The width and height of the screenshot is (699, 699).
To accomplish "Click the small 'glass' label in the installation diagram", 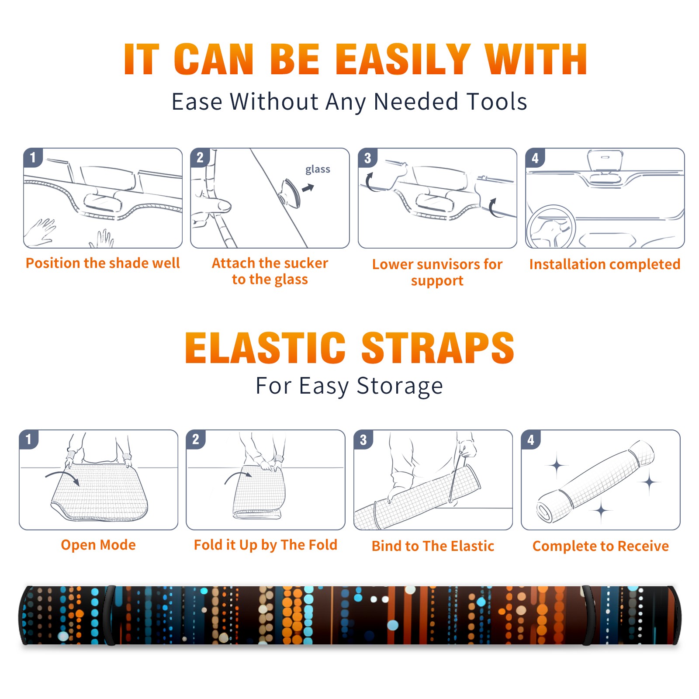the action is point(318,170).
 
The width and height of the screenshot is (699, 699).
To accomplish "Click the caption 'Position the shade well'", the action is point(103,263).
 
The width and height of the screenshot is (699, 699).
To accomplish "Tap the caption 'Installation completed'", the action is point(605,264).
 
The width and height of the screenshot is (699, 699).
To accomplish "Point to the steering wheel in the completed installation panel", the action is point(551,227).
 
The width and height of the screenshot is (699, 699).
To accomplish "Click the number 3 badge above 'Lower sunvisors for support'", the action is point(367,158).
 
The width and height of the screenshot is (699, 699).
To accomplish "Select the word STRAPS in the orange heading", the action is point(438,348).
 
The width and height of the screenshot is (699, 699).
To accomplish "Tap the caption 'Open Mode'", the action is point(98,545).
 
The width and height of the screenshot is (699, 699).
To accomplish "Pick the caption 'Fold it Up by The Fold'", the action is point(266,545).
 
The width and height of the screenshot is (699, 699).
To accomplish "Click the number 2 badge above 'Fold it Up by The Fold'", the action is point(196,439).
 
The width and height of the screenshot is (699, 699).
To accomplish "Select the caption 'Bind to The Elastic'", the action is point(433,546).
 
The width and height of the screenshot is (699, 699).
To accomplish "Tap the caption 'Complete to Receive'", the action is point(601,546).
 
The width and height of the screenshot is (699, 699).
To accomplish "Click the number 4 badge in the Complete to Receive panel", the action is point(531,439).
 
